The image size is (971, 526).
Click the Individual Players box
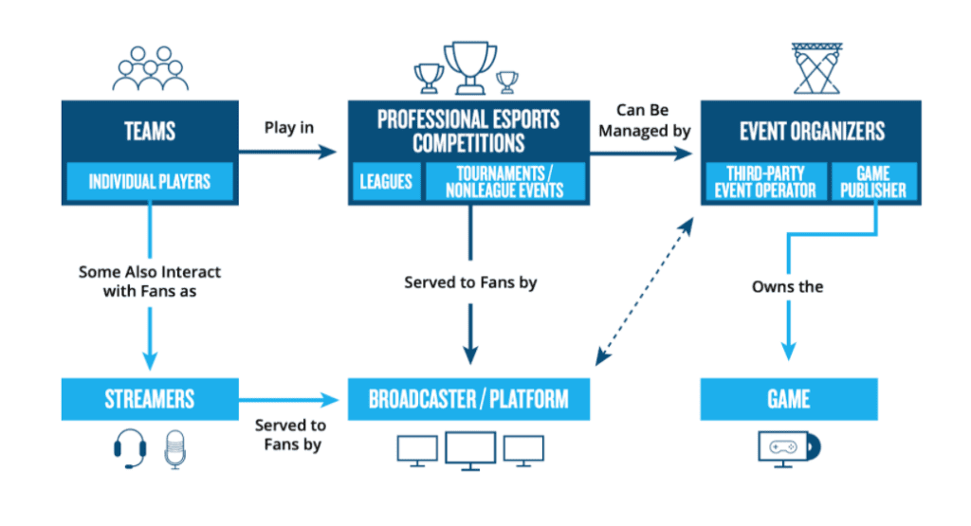(149, 181)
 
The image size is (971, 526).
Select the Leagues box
(386, 180)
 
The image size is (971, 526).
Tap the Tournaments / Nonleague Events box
(504, 180)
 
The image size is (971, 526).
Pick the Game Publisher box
(874, 181)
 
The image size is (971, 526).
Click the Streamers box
(149, 399)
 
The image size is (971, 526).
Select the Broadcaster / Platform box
(469, 399)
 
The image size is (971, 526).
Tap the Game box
(789, 399)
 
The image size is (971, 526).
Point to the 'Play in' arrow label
(288, 127)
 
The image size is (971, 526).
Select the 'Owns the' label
(787, 285)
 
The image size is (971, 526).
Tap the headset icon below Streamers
(129, 449)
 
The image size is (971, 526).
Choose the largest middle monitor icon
(469, 451)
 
